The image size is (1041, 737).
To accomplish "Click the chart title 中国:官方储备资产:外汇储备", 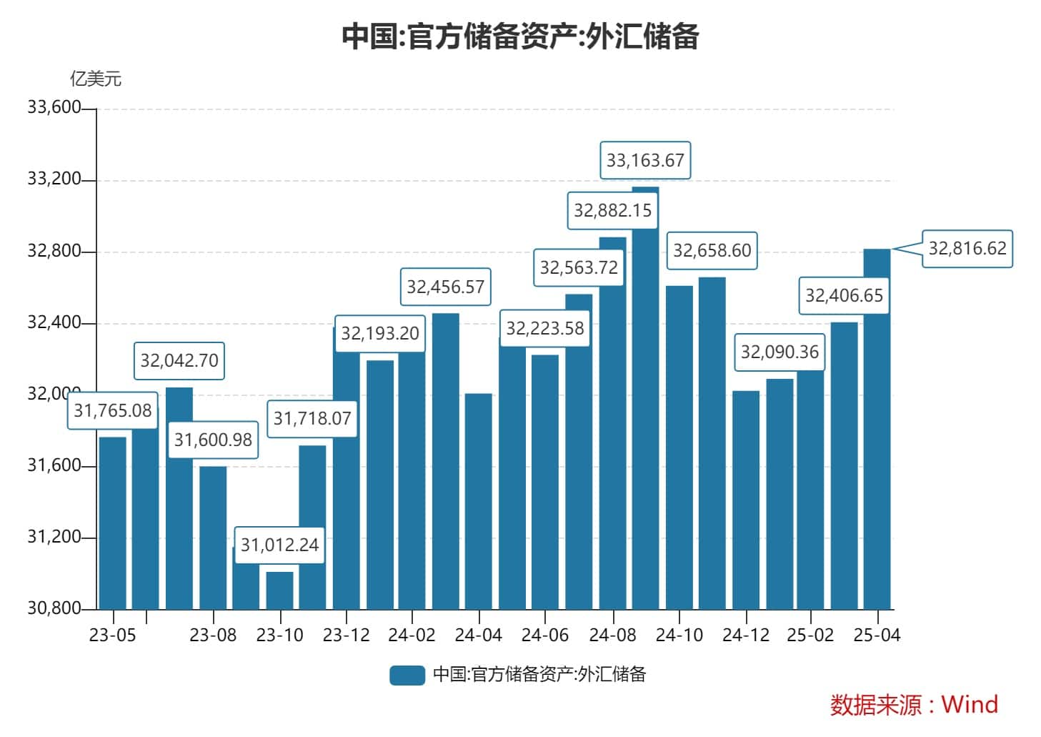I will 519,36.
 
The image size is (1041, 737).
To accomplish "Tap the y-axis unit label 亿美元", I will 95,78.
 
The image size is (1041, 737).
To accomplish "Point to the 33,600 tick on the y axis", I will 54,108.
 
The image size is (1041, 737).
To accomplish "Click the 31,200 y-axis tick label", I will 54,537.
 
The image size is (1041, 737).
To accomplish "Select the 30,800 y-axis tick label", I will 54,608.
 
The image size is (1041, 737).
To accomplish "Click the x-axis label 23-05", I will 112,635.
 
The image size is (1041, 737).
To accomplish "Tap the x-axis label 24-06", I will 544,635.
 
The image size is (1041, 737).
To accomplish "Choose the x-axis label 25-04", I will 877,635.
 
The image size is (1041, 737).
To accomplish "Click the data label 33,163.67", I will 645,160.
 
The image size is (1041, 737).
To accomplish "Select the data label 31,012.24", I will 279,545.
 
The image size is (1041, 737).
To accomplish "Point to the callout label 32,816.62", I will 967,248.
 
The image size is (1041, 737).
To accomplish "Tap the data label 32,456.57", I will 445,287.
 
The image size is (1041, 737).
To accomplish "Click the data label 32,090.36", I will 779,352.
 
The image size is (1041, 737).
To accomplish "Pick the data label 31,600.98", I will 213,440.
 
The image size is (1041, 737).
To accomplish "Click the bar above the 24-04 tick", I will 478,500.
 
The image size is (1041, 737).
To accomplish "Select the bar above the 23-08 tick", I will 213,536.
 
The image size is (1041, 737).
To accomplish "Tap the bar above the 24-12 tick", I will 745,500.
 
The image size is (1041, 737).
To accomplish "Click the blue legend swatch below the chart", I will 407,675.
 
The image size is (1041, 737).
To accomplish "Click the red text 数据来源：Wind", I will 913,705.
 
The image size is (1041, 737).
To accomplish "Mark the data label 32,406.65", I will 844,295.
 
